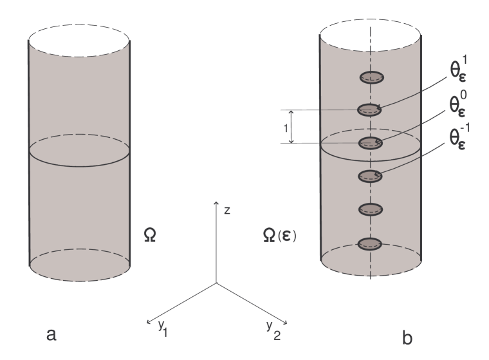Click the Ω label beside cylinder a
[150, 236]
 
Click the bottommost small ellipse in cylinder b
[370, 243]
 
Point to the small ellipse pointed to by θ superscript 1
[370, 109]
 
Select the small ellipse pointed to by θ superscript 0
[370, 142]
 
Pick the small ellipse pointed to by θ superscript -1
[370, 175]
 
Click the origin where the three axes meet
[216, 283]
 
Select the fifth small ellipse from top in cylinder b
[370, 209]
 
